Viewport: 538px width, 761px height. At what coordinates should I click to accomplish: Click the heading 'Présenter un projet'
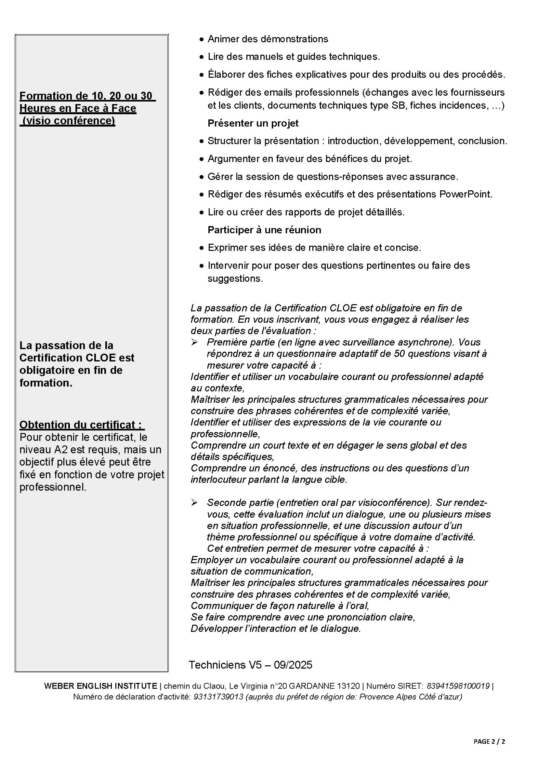[x=253, y=123]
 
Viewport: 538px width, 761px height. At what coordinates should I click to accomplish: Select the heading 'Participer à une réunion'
[x=264, y=230]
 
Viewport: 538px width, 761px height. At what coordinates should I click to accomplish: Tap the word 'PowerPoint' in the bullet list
[x=465, y=194]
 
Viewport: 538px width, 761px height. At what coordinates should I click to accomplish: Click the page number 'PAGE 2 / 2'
[x=489, y=741]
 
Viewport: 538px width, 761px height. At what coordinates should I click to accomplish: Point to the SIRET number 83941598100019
[x=458, y=686]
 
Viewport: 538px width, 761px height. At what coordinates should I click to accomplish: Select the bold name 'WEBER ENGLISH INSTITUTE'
[x=100, y=686]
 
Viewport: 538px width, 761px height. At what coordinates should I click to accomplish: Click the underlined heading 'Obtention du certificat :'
[x=82, y=425]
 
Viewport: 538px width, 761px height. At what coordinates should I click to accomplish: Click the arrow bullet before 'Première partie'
[x=194, y=342]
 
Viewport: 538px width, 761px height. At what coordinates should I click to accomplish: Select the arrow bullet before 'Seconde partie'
[x=194, y=503]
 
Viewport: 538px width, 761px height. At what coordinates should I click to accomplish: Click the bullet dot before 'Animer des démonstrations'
[x=202, y=40]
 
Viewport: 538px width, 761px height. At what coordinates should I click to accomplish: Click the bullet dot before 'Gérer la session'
[x=202, y=177]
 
